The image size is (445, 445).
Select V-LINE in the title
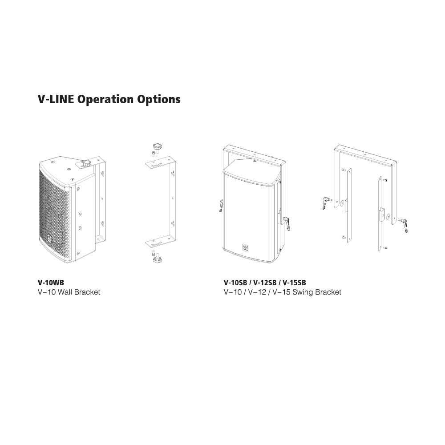coord(56,99)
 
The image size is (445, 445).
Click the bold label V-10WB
coord(51,283)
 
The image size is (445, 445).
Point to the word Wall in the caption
coord(65,292)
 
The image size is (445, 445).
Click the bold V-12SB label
coord(265,283)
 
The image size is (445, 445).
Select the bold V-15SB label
coord(294,283)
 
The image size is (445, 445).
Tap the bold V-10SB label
coord(235,283)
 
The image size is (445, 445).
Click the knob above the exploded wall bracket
coord(157,147)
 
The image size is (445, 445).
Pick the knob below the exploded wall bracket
coord(157,259)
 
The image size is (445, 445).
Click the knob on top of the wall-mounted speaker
coord(85,163)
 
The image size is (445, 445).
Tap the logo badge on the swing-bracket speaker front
coord(245,247)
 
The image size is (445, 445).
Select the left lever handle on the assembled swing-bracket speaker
coord(221,206)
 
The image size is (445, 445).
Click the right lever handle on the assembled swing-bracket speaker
coord(287,224)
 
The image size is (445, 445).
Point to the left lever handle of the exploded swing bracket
coord(326,202)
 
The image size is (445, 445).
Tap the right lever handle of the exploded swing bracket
coord(403,225)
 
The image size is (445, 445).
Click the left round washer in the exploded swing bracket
coord(342,203)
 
